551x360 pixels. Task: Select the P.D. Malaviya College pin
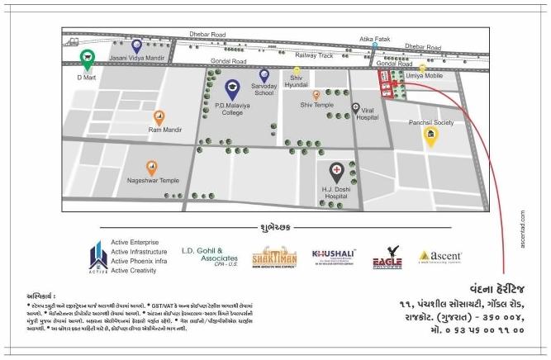(232, 88)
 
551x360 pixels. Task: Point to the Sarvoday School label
(264, 89)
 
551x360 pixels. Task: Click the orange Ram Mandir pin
(159, 117)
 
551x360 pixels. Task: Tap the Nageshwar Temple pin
(152, 168)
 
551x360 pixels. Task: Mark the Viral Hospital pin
(356, 107)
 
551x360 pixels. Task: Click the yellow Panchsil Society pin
(430, 136)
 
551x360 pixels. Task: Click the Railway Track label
(314, 54)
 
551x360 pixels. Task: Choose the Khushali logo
(334, 257)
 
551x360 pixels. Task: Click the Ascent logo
(440, 257)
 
